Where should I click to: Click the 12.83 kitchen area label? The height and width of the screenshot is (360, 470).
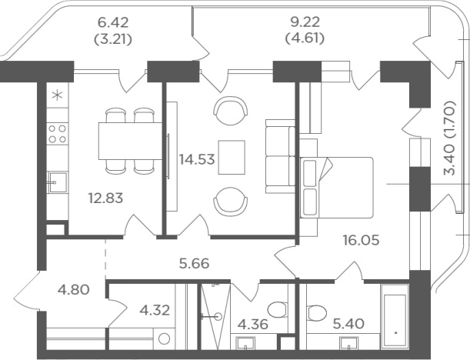[105, 198]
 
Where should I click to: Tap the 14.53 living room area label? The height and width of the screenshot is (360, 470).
[197, 159]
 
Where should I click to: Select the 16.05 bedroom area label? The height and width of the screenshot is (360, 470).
[362, 240]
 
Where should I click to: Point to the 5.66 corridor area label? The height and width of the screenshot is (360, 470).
[195, 264]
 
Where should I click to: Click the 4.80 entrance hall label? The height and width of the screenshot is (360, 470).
[74, 290]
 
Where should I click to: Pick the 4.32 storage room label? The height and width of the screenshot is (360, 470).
[155, 310]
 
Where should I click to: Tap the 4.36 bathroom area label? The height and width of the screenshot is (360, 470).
[253, 325]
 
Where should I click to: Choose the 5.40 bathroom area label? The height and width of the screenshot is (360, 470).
[349, 323]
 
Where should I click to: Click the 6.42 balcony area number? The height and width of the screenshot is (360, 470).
[113, 22]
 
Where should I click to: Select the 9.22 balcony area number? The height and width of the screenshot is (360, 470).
[305, 22]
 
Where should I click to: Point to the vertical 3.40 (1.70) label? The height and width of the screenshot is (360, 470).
[450, 138]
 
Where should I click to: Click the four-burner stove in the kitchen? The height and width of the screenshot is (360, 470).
[57, 134]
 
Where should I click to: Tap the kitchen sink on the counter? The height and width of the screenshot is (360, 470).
[58, 182]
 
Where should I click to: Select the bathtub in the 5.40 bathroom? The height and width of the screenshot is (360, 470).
[395, 316]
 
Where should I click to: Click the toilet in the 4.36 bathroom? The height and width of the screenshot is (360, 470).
[278, 310]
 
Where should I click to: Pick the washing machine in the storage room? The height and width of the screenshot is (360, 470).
[164, 338]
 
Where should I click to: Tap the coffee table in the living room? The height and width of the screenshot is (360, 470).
[232, 157]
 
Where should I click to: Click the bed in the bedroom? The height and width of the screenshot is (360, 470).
[336, 188]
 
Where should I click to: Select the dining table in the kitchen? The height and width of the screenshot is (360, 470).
[131, 141]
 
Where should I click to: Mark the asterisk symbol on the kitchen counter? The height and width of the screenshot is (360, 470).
[57, 95]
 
